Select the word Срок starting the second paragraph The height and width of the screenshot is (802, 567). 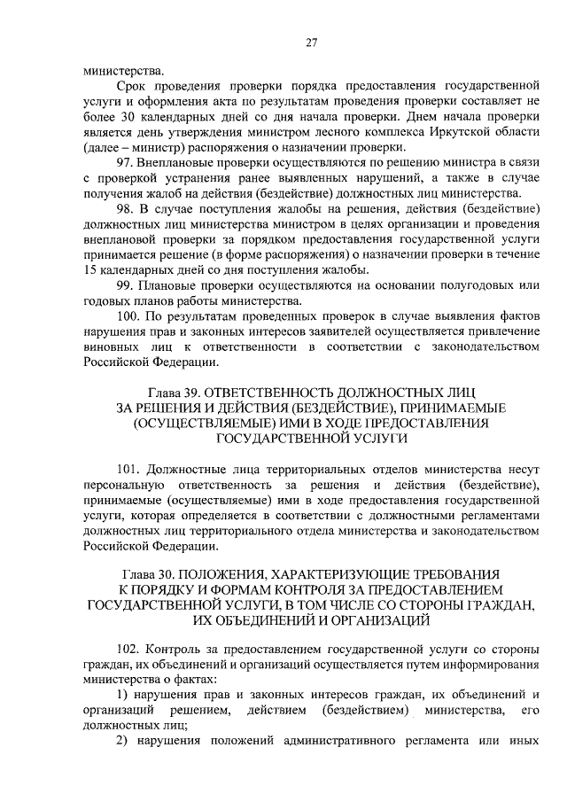133,86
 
